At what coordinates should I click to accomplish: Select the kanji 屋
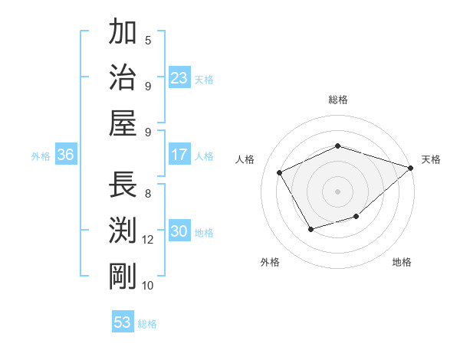pos(123,123)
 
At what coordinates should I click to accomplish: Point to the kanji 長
pos(123,185)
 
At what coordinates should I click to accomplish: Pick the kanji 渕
pos(123,231)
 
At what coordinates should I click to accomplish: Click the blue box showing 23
pos(179,77)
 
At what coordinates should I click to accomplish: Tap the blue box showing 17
pos(179,155)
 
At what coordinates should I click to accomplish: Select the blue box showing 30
pos(179,231)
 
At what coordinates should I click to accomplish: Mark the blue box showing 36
pos(65,155)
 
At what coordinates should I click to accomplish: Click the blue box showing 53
pos(123,322)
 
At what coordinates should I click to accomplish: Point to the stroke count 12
pos(148,240)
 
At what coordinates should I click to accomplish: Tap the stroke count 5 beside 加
pos(148,40)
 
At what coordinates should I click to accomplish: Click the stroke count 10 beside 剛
pos(148,286)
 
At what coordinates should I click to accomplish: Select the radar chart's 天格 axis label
pos(431,159)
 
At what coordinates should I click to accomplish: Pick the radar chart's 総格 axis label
pos(338,100)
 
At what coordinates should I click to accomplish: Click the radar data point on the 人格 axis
pos(279,172)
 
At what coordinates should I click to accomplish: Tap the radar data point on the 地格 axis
pos(356,217)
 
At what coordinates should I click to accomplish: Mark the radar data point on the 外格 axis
pos(310,229)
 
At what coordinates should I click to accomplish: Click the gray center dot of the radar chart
pos(338,191)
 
